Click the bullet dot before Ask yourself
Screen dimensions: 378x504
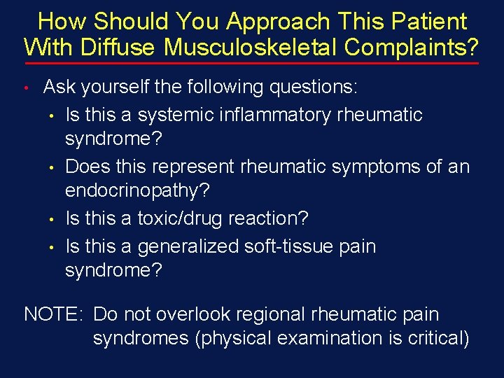(x=25, y=89)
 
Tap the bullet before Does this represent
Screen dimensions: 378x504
(x=52, y=168)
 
